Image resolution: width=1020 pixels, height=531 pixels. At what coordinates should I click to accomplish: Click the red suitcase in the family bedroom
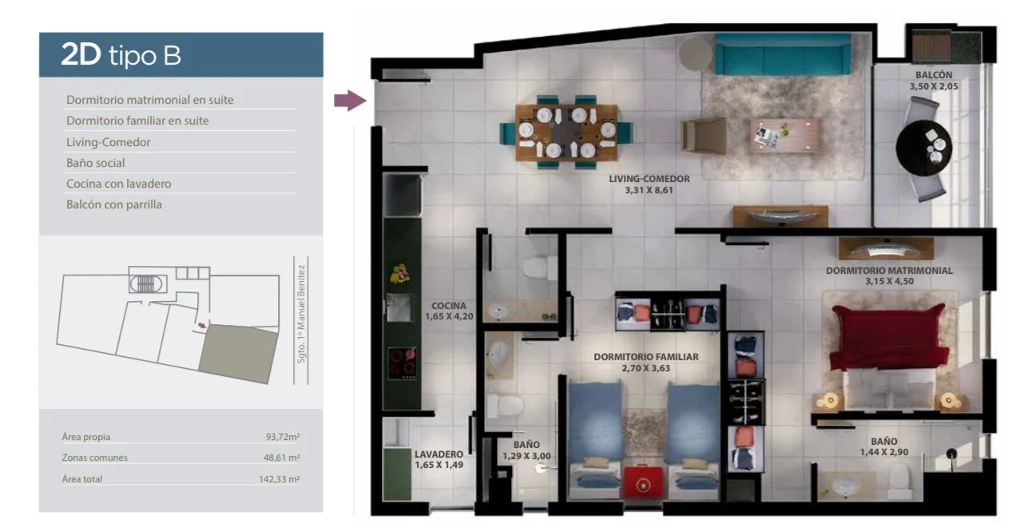(643, 481)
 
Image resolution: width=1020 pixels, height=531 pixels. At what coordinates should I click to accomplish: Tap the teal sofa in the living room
(782, 53)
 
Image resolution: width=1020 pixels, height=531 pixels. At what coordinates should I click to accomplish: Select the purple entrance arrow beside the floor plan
(350, 100)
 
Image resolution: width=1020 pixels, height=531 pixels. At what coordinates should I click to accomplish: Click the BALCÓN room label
(934, 75)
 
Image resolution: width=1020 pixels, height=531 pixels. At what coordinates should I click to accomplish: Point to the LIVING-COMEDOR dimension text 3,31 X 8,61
(649, 190)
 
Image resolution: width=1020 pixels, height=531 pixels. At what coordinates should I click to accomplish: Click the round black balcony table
(923, 148)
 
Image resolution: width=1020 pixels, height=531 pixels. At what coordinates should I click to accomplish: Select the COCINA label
(449, 306)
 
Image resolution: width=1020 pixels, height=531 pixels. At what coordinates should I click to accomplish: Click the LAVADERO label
(439, 454)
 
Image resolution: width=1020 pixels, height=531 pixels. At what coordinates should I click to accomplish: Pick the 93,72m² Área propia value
(282, 437)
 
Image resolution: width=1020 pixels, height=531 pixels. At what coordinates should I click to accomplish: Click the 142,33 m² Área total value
(279, 479)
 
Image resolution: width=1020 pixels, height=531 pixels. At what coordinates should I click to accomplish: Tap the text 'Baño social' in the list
(96, 163)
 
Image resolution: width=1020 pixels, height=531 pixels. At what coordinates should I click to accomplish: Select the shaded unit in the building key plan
(238, 354)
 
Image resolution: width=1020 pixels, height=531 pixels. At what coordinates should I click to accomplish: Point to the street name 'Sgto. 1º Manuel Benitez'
(300, 314)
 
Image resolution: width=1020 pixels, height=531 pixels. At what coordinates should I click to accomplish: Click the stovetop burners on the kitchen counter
(402, 363)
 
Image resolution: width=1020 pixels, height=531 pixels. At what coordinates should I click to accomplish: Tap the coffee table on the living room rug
(784, 135)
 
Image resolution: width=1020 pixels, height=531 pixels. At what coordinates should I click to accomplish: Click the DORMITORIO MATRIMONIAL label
(889, 271)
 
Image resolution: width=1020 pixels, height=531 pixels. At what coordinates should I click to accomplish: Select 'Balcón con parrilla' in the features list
(114, 204)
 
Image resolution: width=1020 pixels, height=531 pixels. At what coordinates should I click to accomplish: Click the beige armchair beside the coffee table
(704, 136)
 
